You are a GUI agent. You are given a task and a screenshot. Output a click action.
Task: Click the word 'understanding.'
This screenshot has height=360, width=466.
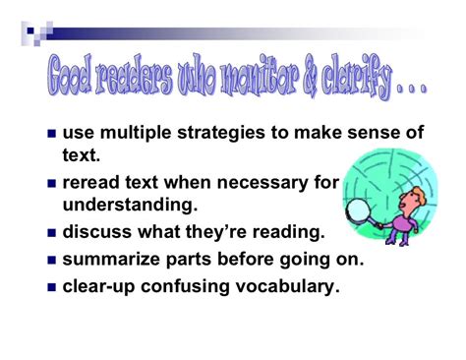tap(130, 206)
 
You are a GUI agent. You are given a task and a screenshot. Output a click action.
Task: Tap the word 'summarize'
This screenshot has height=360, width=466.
tap(111, 260)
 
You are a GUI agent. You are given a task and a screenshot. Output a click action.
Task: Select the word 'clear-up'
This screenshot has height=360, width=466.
tap(98, 287)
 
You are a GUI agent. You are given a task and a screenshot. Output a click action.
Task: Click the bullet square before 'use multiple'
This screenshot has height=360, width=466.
tap(52, 134)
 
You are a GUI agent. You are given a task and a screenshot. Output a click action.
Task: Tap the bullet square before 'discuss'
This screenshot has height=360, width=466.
tap(52, 233)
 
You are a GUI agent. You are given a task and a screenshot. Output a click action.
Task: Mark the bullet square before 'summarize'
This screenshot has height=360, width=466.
tap(52, 261)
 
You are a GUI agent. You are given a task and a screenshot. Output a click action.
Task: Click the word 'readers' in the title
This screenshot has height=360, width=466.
tap(134, 77)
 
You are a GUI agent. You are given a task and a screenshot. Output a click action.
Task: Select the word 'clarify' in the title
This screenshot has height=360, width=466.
tap(356, 80)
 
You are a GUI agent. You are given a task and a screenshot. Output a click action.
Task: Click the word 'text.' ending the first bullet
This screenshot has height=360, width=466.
tap(82, 155)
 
